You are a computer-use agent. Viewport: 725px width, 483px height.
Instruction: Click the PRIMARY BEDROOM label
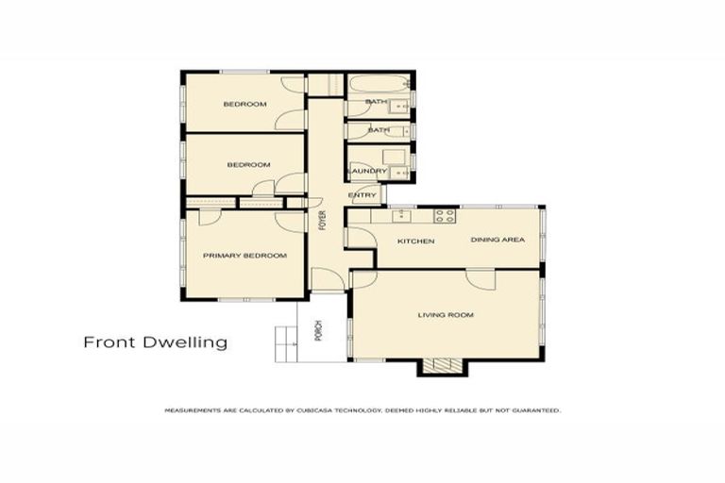click(244, 256)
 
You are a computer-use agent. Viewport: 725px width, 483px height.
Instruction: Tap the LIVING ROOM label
click(445, 315)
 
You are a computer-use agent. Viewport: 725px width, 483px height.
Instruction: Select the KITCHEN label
click(415, 241)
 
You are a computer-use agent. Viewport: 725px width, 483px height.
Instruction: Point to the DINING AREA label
click(497, 240)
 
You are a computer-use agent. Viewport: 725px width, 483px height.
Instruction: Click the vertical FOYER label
click(322, 222)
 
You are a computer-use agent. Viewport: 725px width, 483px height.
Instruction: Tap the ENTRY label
click(362, 196)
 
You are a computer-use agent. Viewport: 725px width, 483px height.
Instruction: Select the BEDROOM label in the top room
click(244, 104)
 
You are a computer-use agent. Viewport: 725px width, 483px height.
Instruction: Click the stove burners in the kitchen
click(445, 215)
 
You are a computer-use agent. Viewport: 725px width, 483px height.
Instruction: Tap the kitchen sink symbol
click(399, 215)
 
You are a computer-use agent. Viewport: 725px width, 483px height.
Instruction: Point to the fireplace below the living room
click(438, 368)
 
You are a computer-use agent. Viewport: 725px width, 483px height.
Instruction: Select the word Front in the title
click(110, 342)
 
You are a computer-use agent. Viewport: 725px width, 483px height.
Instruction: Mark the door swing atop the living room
click(481, 278)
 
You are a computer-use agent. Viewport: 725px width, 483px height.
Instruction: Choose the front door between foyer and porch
click(323, 280)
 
